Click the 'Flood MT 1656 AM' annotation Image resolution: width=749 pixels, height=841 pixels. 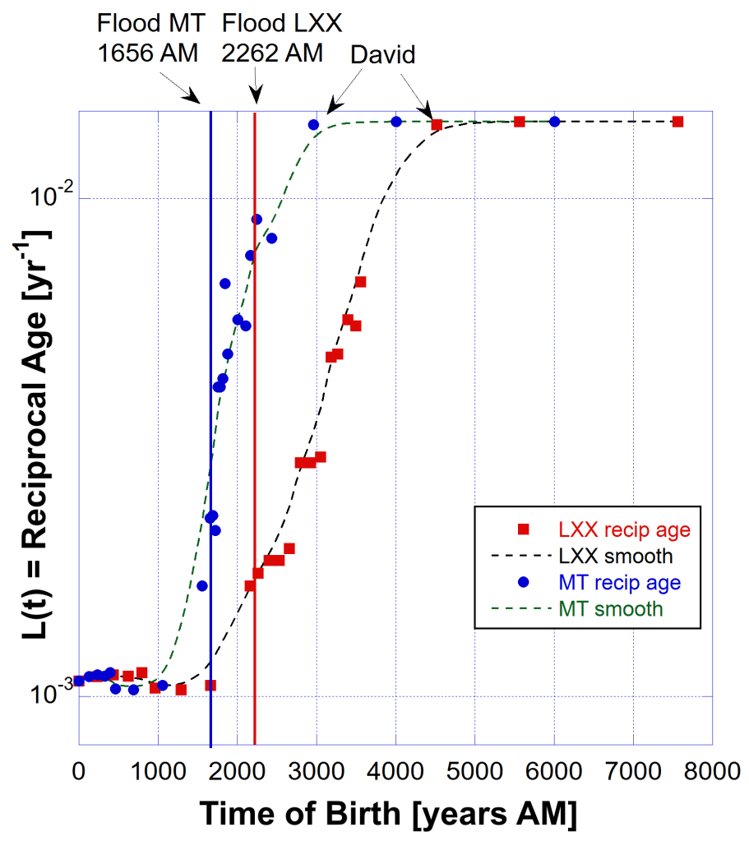click(x=148, y=38)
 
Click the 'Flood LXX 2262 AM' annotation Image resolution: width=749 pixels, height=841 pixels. click(x=272, y=38)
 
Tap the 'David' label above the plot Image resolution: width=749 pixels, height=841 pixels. click(x=382, y=55)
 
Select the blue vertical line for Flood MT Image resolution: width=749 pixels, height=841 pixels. click(x=210, y=411)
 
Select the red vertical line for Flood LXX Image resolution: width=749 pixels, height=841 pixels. click(x=255, y=411)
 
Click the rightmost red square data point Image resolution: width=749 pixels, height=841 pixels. click(x=677, y=122)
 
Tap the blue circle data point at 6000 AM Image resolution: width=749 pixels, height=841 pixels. click(x=554, y=122)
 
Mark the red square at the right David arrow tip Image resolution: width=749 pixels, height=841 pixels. click(x=437, y=125)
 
